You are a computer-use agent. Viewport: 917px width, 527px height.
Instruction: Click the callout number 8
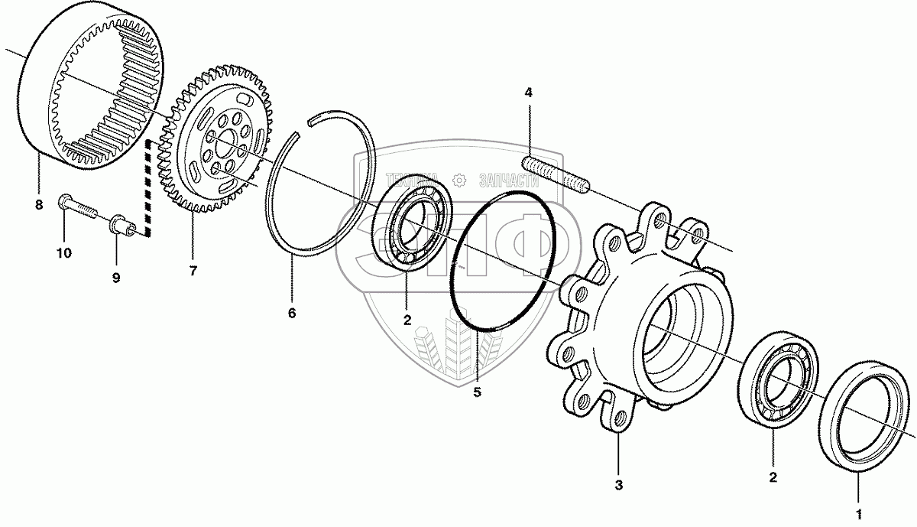click(38, 205)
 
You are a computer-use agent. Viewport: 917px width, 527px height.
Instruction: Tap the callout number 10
click(63, 252)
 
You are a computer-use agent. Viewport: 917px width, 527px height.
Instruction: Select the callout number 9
click(116, 278)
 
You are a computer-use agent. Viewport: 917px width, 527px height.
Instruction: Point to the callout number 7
click(193, 271)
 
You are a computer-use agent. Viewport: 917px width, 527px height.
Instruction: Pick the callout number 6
click(291, 313)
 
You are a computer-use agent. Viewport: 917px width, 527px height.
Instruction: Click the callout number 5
click(477, 392)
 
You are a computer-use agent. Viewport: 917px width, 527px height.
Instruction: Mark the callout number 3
click(619, 484)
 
